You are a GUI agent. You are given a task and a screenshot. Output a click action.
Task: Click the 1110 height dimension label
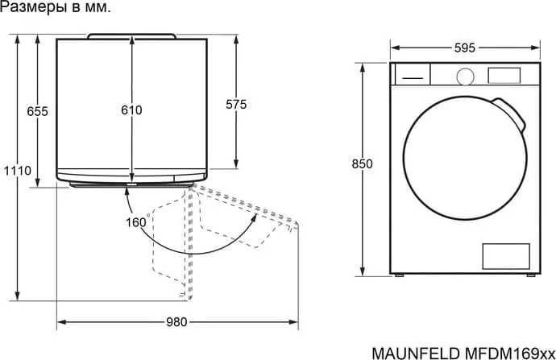click(x=18, y=171)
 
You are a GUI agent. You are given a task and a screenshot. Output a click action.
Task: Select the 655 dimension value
click(x=37, y=112)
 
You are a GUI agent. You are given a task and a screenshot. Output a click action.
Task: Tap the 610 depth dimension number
click(x=131, y=110)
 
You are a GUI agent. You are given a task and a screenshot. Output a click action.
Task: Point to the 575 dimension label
click(x=236, y=105)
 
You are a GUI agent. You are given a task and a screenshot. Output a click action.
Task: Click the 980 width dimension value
click(x=176, y=322)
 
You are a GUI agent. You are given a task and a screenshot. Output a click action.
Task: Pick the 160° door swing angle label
click(x=137, y=222)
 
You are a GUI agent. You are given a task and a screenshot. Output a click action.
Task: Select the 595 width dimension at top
click(x=465, y=48)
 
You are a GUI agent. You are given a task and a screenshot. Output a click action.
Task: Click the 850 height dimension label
click(x=363, y=164)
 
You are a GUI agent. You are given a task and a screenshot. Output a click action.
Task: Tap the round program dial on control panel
click(x=465, y=77)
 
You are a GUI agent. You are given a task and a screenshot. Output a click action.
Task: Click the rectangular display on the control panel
click(x=504, y=76)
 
